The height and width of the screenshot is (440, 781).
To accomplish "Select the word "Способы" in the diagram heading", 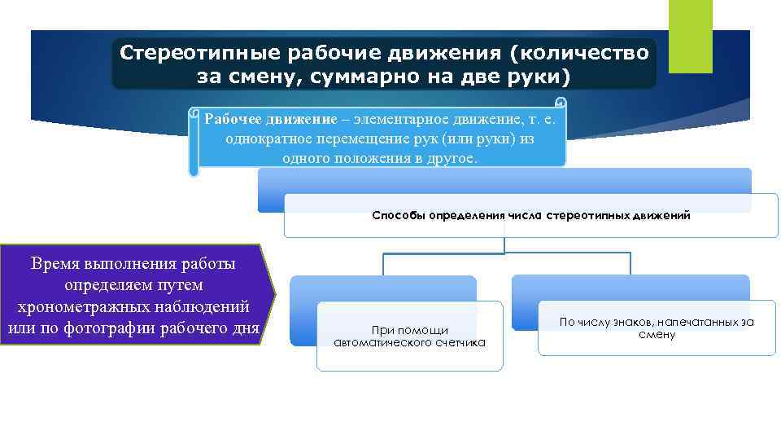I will click(397, 216).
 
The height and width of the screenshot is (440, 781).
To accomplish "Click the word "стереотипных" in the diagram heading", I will click(583, 216).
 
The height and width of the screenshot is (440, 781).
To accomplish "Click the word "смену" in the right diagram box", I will click(657, 335).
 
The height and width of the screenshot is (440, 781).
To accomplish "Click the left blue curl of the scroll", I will click(193, 143).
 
